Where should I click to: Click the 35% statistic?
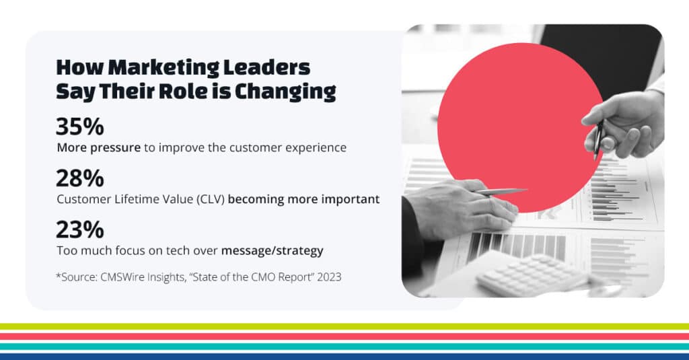pos(80,127)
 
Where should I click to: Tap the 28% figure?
pos(80,179)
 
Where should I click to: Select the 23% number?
pos(80,230)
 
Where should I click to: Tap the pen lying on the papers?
pos(501,192)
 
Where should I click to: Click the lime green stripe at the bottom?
pos(344,326)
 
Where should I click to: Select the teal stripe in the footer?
pos(344,346)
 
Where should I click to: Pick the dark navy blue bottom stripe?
pos(344,356)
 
